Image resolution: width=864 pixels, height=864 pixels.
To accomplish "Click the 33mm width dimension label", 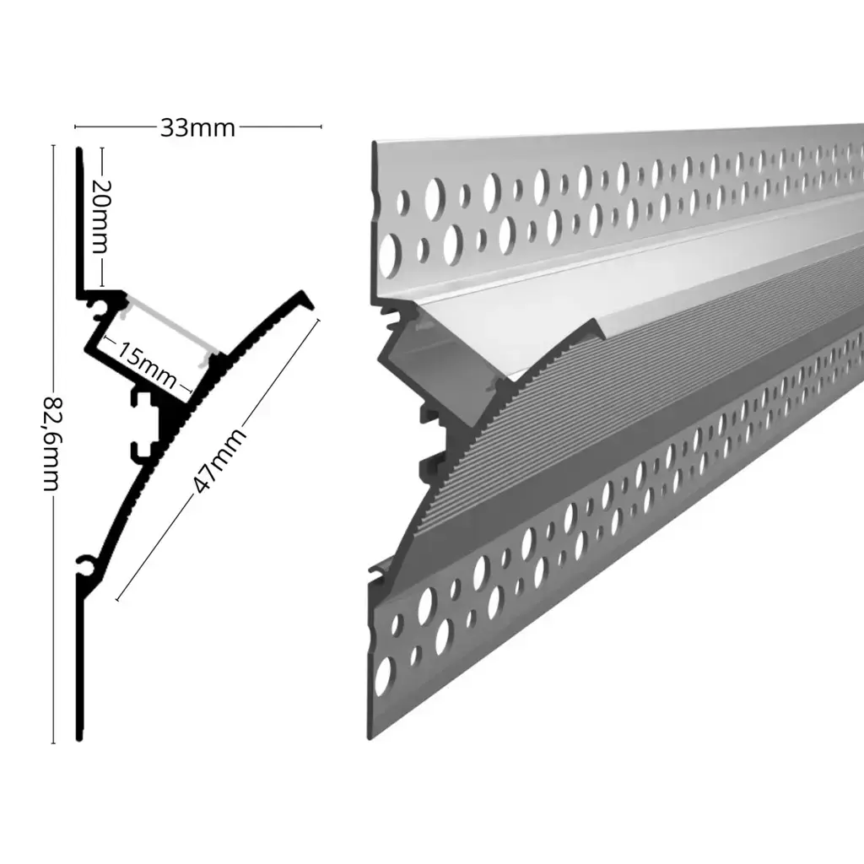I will (x=197, y=128).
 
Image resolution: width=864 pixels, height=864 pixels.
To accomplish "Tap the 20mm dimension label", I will (x=101, y=217).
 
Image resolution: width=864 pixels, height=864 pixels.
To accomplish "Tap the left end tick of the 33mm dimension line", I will (x=76, y=128).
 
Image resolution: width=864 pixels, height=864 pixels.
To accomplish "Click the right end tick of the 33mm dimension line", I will (x=321, y=128).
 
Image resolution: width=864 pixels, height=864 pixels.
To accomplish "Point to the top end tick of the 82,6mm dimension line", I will (x=53, y=145).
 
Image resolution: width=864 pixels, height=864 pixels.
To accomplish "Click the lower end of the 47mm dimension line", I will (x=116, y=600).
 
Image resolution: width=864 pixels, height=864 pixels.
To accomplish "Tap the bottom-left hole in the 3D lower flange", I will (x=385, y=675).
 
